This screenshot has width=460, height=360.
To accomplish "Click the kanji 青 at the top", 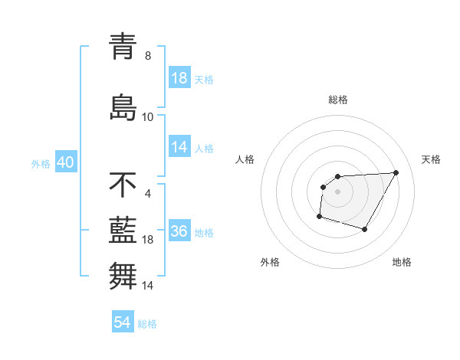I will tap(123, 47).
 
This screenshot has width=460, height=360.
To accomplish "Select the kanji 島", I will tap(123, 106).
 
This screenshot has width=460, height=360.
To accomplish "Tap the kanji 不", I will tap(123, 185).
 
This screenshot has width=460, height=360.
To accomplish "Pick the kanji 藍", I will tap(123, 231).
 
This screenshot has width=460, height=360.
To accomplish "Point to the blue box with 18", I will tap(179, 78).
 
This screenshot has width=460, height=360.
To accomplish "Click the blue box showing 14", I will tap(179, 147).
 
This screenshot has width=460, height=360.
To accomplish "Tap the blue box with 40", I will tap(65, 163).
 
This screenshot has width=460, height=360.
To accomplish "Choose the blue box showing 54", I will tap(123, 322).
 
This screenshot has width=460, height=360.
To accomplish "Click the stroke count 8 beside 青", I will tap(148, 56).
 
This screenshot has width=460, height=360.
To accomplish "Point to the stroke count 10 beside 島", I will tap(148, 116).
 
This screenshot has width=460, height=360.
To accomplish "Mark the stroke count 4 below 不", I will tap(148, 193).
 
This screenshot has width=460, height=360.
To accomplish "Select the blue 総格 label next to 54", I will tap(147, 323).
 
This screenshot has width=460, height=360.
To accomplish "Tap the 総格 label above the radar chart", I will tap(337, 100).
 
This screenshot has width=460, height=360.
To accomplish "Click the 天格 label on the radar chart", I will tap(432, 159).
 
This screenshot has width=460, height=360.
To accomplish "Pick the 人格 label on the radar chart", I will tap(245, 159).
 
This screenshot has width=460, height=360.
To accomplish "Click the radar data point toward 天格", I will tap(396, 172).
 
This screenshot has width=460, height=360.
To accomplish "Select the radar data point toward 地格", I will tap(365, 230).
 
